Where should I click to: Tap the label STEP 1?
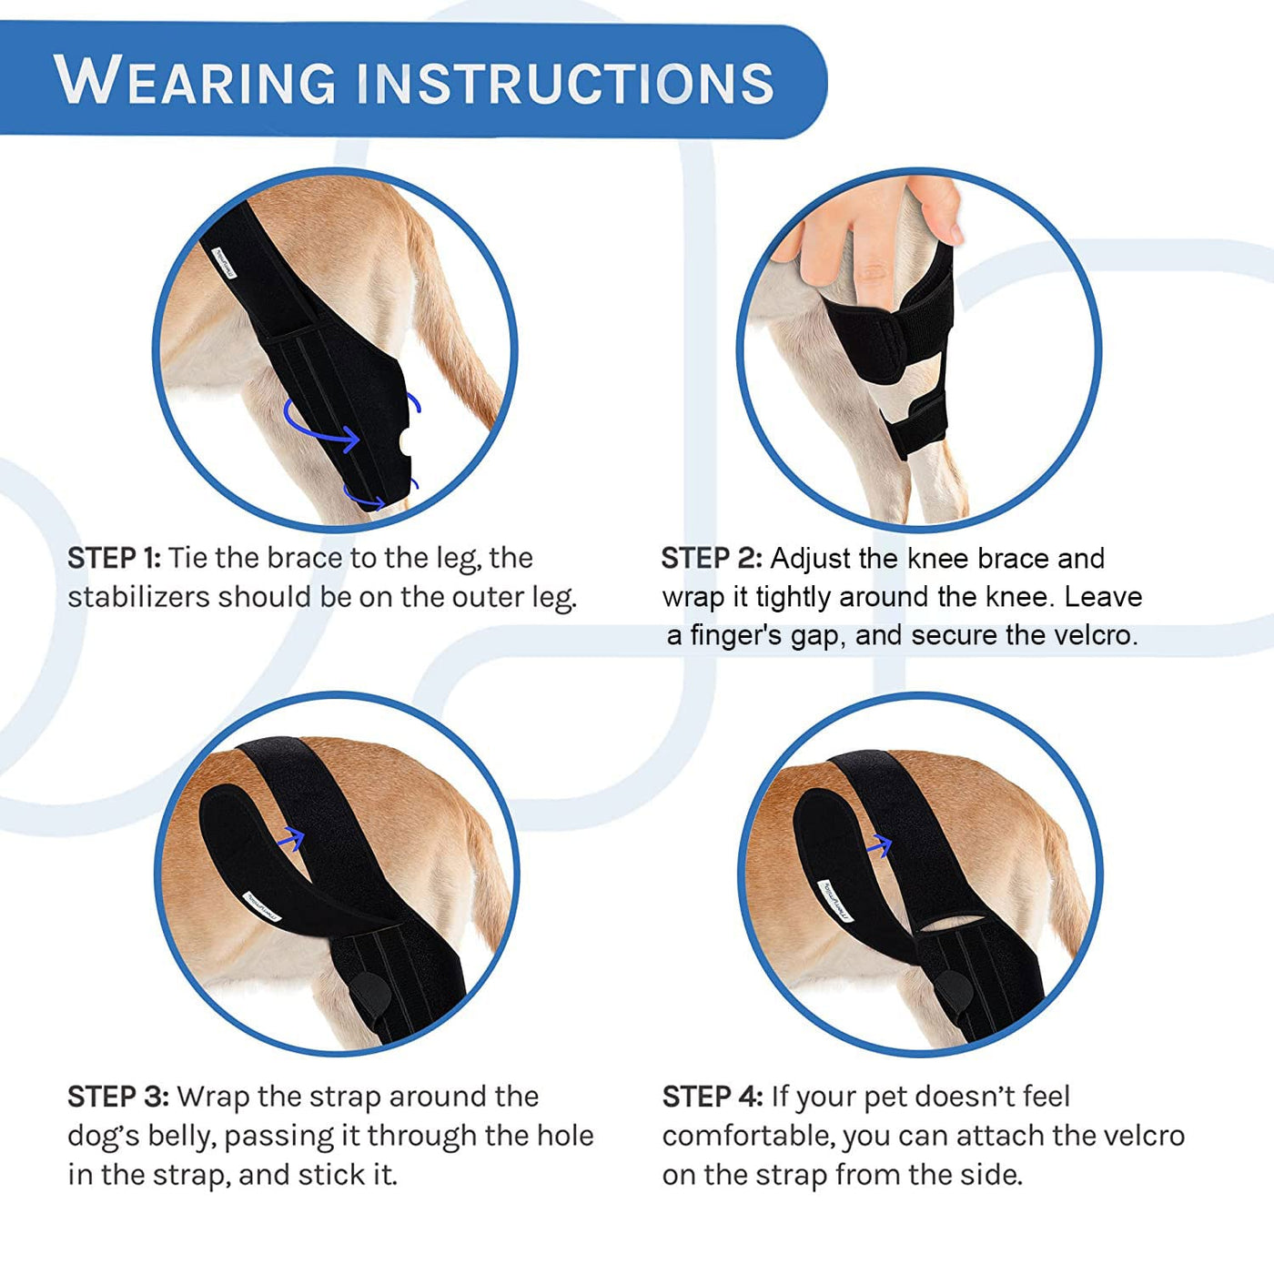pyautogui.click(x=114, y=558)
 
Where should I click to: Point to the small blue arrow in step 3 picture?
pyautogui.click(x=290, y=837)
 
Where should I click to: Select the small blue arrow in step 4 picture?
pyautogui.click(x=878, y=846)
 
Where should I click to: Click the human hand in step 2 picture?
pyautogui.click(x=874, y=237)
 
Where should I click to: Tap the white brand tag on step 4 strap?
pyautogui.click(x=835, y=900)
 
